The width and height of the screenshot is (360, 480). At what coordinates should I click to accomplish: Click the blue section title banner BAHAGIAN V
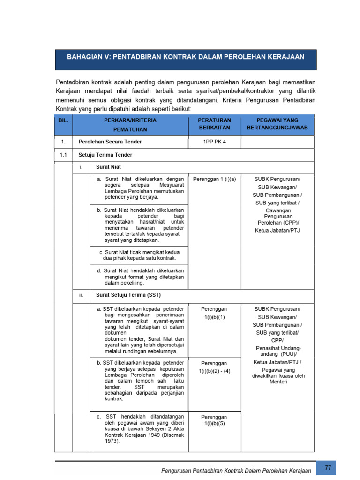(x=186, y=57)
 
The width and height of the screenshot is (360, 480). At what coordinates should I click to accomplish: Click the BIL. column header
(x=63, y=120)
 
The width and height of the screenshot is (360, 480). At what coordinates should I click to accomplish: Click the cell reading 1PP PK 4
(x=215, y=142)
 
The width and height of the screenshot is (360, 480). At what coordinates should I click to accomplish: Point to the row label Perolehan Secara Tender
(x=110, y=142)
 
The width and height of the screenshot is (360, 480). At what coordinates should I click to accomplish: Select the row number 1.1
(x=63, y=155)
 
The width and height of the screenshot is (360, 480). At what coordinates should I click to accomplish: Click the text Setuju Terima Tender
(x=105, y=155)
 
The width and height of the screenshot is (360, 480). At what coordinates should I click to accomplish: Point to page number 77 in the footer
(x=327, y=468)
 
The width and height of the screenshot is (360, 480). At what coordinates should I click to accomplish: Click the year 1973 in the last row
(x=112, y=441)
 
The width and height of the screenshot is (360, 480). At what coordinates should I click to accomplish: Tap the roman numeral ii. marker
(x=81, y=295)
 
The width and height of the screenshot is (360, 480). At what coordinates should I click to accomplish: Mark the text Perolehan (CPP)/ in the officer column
(x=278, y=223)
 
